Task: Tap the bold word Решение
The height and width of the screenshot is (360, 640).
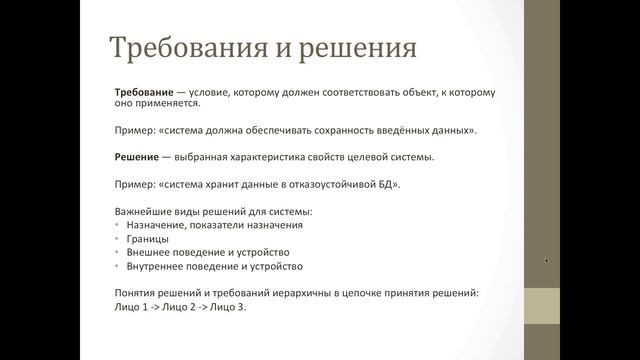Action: [x=139, y=158]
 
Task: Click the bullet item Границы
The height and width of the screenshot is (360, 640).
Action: [x=147, y=240]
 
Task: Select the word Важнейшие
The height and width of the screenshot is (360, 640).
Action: [x=146, y=212]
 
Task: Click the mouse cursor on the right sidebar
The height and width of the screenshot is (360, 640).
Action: [x=546, y=261]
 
